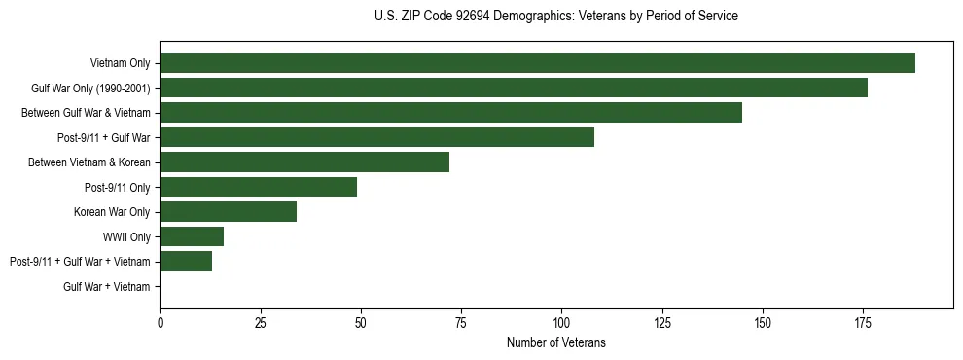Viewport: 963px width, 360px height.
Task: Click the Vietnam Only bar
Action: (537, 63)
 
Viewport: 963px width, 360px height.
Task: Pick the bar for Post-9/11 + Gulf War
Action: (376, 137)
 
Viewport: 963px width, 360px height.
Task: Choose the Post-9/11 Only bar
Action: (259, 187)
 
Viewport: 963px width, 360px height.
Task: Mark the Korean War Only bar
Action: (228, 212)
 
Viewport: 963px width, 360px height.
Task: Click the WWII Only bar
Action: (192, 236)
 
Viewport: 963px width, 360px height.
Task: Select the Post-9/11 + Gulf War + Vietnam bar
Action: (186, 262)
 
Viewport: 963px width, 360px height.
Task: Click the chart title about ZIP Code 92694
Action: (556, 17)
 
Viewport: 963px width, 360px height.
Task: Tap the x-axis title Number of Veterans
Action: (556, 342)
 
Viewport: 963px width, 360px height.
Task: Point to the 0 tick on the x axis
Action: (160, 322)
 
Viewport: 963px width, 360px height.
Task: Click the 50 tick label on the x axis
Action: (361, 322)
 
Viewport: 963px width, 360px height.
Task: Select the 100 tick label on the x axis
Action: (561, 322)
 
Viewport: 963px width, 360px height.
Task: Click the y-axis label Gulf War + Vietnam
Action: (107, 287)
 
